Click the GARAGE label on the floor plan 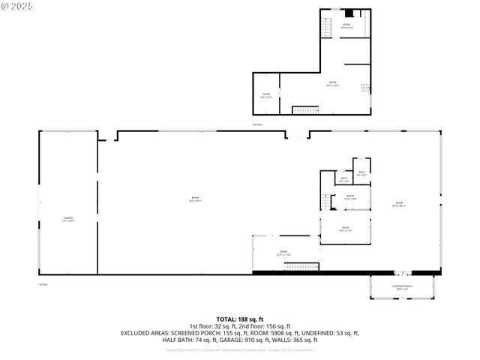coord(68,219)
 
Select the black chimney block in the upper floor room coord(348,13)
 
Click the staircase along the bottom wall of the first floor coord(302,266)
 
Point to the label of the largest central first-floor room coord(194,199)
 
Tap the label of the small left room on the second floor coord(265,94)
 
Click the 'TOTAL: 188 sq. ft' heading coord(240,319)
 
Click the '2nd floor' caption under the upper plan coord(258,124)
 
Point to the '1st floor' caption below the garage coord(43,284)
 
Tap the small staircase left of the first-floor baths coord(326,202)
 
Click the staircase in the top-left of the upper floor coord(326,28)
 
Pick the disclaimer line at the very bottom coord(240,349)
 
